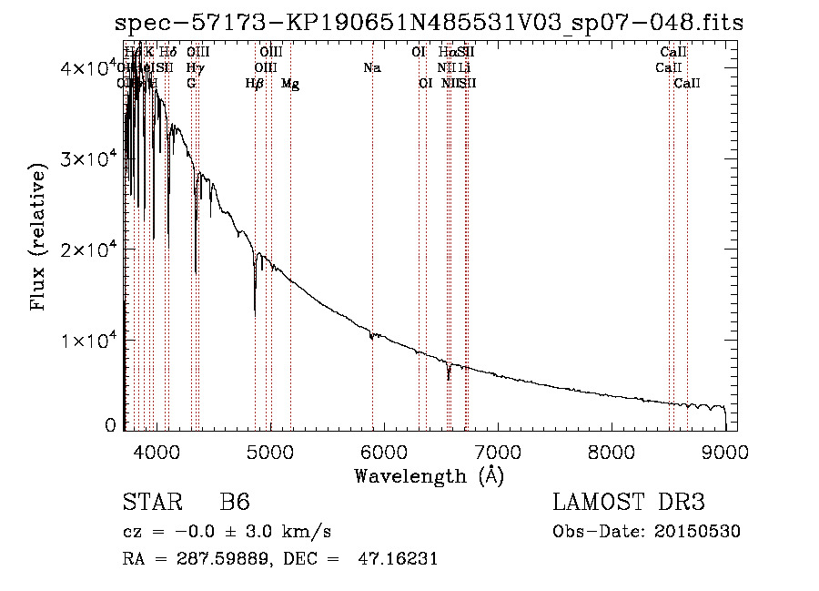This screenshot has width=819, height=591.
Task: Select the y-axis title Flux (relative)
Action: [x=39, y=238]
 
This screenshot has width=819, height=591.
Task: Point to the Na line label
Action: [x=371, y=68]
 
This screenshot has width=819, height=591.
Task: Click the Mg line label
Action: [x=290, y=84]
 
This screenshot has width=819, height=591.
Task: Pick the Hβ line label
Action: [x=255, y=84]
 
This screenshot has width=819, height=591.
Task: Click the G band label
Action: [x=191, y=84]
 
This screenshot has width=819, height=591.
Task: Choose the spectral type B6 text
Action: [x=235, y=504]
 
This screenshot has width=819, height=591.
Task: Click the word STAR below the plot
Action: [x=149, y=504]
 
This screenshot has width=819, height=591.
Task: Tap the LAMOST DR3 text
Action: [x=629, y=504]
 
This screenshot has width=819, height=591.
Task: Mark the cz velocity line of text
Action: [x=227, y=532]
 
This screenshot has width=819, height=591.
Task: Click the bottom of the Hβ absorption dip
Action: [x=255, y=314]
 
